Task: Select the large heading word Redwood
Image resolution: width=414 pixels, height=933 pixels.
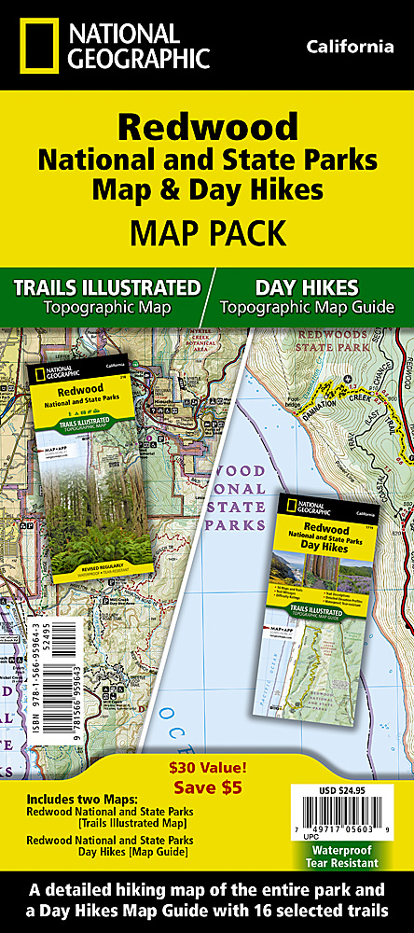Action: pyautogui.click(x=207, y=127)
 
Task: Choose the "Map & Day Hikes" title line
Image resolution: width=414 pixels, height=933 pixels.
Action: pyautogui.click(x=207, y=188)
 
